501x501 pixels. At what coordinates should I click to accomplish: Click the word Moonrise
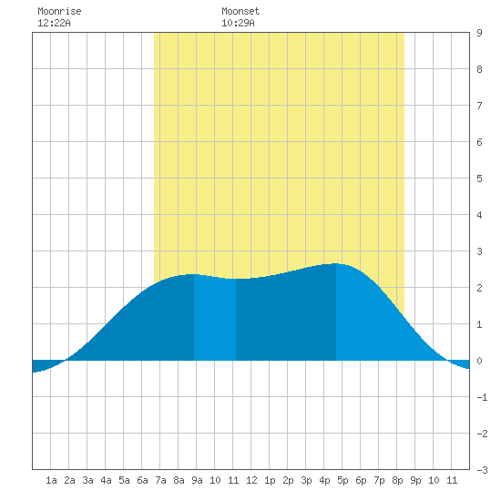pyautogui.click(x=59, y=11)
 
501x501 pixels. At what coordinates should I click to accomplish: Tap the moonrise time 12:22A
pyautogui.click(x=54, y=23)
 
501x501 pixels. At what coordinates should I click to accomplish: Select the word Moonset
pyautogui.click(x=240, y=11)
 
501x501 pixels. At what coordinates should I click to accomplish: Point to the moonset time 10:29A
pyautogui.click(x=238, y=23)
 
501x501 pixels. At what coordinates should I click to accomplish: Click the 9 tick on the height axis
pyautogui.click(x=479, y=33)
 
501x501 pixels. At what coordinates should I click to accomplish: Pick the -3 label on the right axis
pyautogui.click(x=482, y=470)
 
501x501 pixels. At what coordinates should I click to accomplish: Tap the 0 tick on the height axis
pyautogui.click(x=479, y=361)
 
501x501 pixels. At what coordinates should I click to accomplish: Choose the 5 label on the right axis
pyautogui.click(x=479, y=179)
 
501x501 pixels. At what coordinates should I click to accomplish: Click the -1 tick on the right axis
pyautogui.click(x=482, y=397)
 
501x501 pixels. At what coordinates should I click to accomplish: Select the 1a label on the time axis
pyautogui.click(x=51, y=480)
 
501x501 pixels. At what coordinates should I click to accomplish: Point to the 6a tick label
pyautogui.click(x=142, y=480)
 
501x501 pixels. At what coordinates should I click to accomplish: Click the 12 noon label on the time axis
pyautogui.click(x=251, y=480)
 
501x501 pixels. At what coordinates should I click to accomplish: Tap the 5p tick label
pyautogui.click(x=343, y=480)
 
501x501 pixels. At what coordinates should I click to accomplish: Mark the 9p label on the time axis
pyautogui.click(x=415, y=480)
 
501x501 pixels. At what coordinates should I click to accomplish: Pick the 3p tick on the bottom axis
pyautogui.click(x=306, y=480)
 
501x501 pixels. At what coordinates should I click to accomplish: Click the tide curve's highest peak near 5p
pyautogui.click(x=335, y=263)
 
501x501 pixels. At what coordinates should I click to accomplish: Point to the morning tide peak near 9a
pyautogui.click(x=191, y=274)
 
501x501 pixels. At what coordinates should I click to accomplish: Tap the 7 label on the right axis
pyautogui.click(x=479, y=106)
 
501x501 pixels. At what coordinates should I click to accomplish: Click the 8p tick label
pyautogui.click(x=397, y=480)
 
